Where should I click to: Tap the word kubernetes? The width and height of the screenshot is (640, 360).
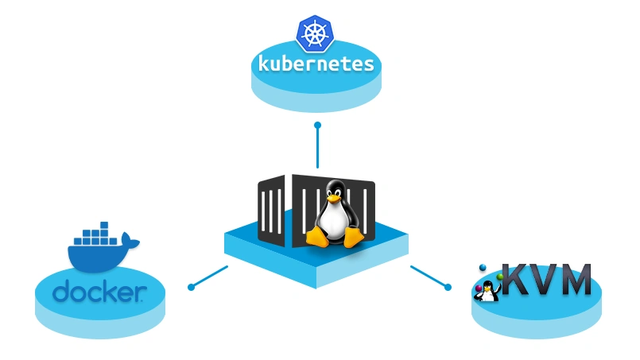(316, 63)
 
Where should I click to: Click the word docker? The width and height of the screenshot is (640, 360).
(99, 292)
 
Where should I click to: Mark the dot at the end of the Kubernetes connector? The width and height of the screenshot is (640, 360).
(317, 126)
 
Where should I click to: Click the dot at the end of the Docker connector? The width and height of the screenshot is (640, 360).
(190, 287)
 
